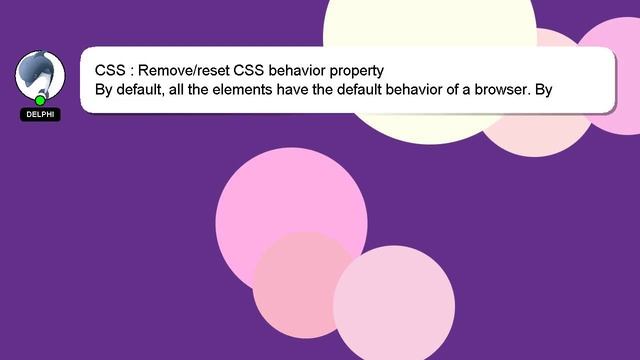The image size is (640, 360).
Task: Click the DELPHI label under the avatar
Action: (40, 115)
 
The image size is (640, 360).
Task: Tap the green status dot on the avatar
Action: (40, 100)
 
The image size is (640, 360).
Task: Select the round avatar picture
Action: (40, 74)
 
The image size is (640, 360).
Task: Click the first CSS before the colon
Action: (110, 71)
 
